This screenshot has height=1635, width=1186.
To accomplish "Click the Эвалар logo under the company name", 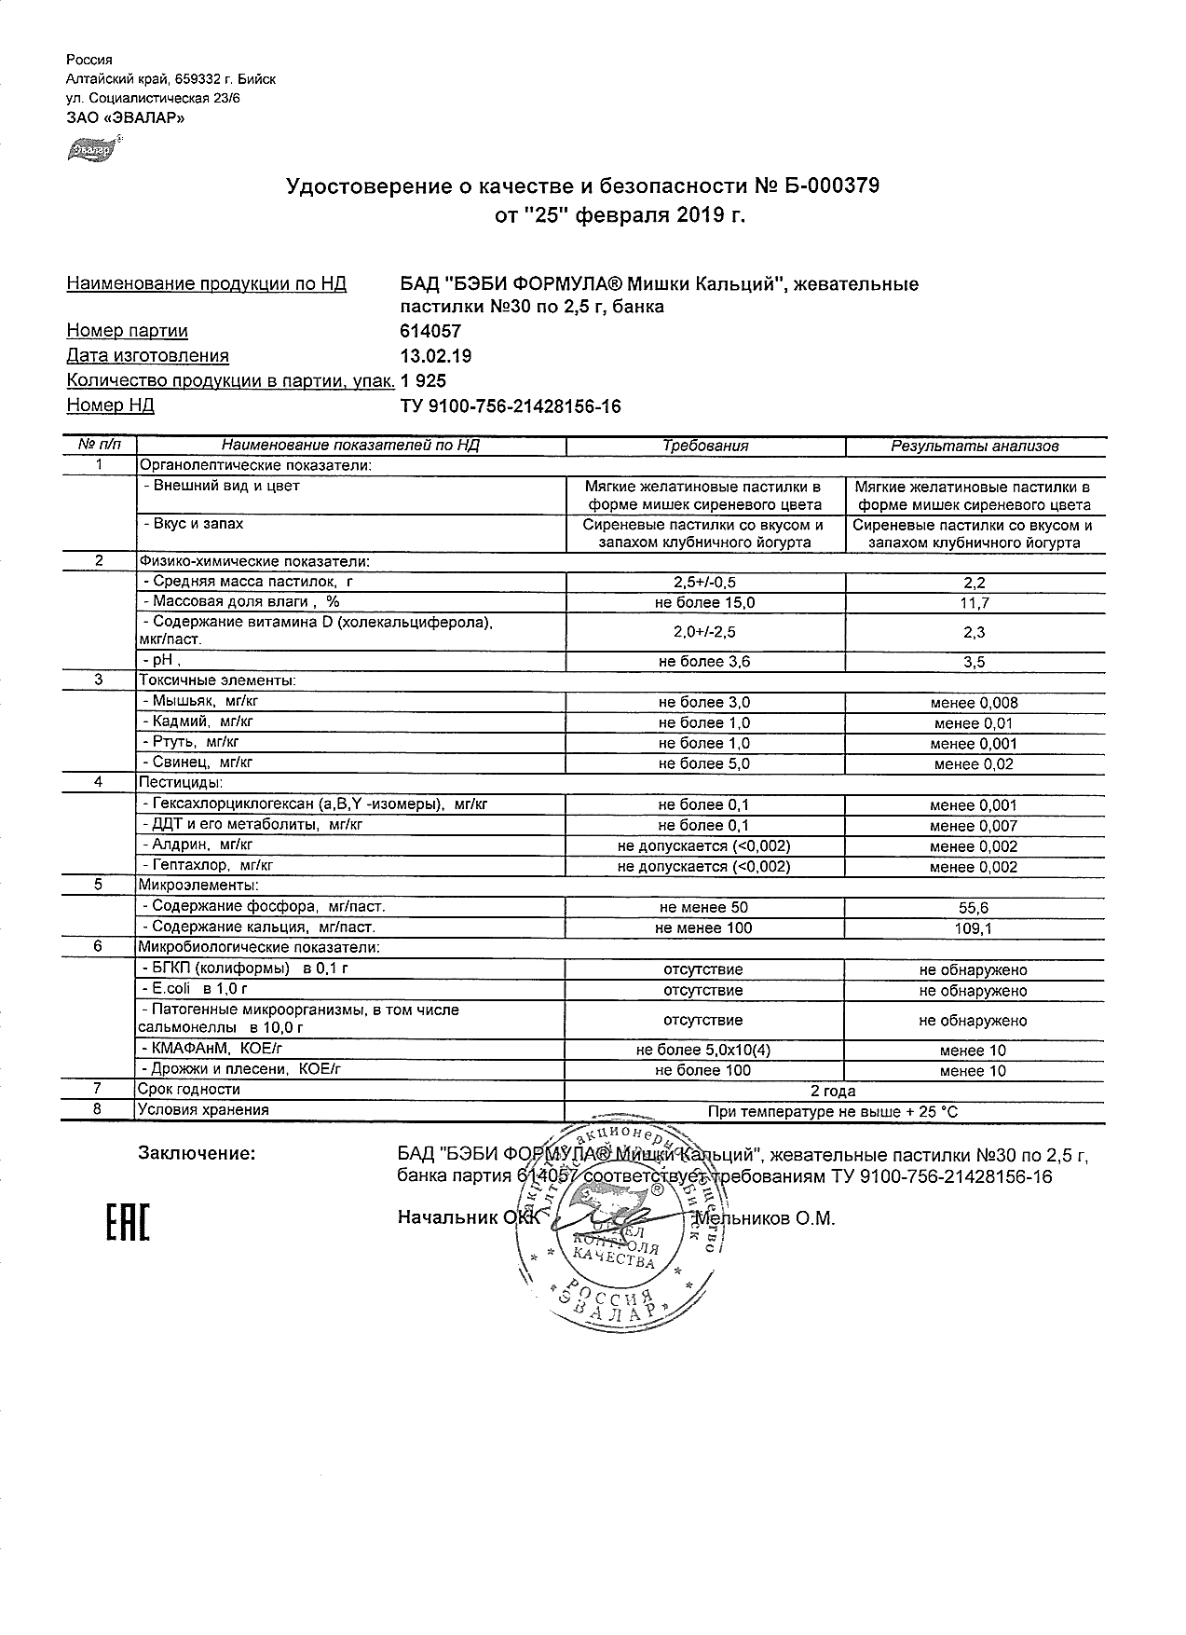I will pos(93,147).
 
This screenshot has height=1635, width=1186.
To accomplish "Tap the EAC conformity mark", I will pos(127,1222).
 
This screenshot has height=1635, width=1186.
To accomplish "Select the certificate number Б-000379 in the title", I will pos(828,187).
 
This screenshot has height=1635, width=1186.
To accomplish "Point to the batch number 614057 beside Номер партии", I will pos(429,331).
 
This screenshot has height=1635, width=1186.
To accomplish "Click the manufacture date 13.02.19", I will pos(435,356).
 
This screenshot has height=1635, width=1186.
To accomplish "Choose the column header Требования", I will pos(705,446).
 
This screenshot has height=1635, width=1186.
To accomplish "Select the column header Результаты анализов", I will pos(975,446).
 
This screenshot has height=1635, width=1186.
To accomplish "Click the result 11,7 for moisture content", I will pos(975,603).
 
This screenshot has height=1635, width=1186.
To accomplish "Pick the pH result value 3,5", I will pos(975,662).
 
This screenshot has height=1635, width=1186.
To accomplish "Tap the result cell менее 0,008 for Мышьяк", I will pos(975,703).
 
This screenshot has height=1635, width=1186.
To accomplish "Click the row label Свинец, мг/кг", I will pos(197,763).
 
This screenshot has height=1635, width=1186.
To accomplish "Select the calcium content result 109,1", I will pos(975,928).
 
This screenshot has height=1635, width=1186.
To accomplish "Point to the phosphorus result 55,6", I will pos(975,907).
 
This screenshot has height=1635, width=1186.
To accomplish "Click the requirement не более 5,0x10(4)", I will pos(704,1051).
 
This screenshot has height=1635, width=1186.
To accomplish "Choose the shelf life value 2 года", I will pos(834,1091).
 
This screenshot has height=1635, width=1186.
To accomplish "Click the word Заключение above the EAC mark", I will pos(197,1154).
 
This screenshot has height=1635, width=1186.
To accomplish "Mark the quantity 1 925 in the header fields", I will pos(423,380).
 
